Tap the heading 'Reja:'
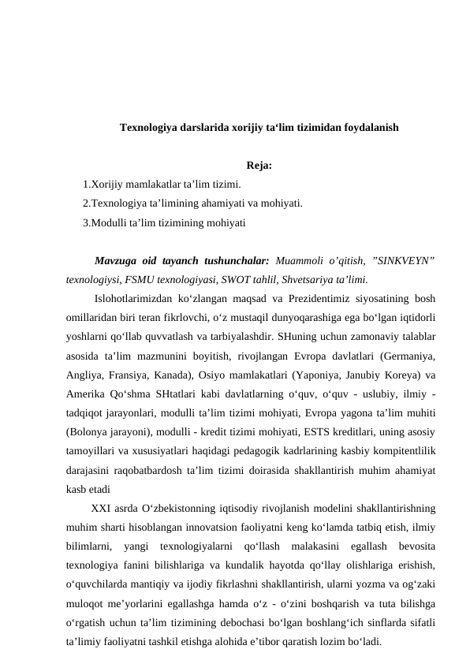point(259,166)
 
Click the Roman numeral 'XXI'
point(100,506)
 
